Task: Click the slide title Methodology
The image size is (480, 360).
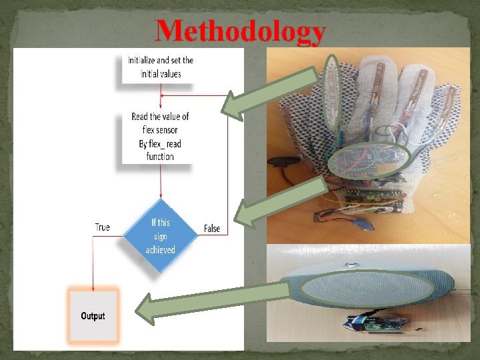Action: (241, 32)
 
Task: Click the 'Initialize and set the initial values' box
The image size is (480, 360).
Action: (160, 67)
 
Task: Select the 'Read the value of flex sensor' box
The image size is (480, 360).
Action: (160, 137)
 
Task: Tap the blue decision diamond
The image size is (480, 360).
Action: (160, 236)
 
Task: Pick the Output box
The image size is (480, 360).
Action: (93, 315)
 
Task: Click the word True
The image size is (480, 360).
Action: (102, 227)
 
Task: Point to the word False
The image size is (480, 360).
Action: (211, 229)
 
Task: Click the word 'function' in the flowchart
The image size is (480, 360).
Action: (160, 157)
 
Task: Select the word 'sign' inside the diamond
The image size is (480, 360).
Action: (160, 236)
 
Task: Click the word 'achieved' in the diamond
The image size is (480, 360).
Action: (160, 250)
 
